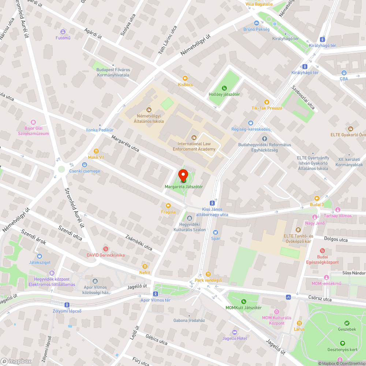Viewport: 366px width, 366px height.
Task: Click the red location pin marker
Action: tap(184, 175)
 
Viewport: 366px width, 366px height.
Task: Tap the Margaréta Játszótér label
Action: tap(184, 187)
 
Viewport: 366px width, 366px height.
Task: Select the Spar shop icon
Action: tap(215, 232)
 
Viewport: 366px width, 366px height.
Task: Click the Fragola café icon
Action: tap(168, 206)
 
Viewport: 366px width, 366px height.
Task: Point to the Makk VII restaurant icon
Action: tap(96, 151)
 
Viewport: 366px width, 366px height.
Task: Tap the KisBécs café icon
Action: tap(185, 78)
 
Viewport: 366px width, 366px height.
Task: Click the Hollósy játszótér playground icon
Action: tap(224, 88)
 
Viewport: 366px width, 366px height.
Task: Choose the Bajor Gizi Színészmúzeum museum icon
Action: tap(33, 122)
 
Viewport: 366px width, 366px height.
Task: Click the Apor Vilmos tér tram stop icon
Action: tap(156, 294)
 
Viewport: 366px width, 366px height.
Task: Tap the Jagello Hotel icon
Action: tap(235, 332)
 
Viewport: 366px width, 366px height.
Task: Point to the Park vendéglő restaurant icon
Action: tap(208, 274)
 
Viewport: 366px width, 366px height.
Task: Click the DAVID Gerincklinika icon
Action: tap(106, 249)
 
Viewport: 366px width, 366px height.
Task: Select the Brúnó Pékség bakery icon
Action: tap(257, 23)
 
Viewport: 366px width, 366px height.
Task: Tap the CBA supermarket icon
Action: tap(344, 72)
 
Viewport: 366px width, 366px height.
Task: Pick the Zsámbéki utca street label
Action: tap(139, 242)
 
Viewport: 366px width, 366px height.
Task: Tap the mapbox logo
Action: tap(16, 361)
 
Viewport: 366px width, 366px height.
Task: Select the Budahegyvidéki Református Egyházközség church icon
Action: tap(265, 138)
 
